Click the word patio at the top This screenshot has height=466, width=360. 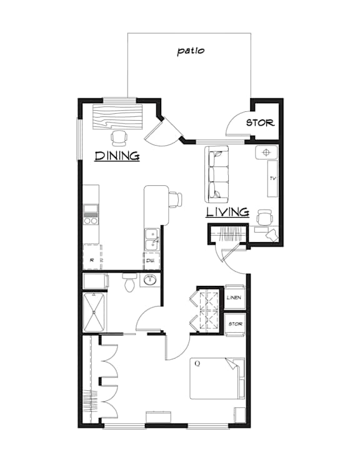click(x=191, y=51)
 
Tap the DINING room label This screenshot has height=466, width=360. click(x=116, y=156)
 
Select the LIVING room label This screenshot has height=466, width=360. click(x=227, y=212)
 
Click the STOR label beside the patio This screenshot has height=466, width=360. click(x=259, y=123)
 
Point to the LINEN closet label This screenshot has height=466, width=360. click(x=234, y=297)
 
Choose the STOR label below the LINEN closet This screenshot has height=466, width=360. click(x=235, y=324)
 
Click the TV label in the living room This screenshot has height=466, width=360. click(x=272, y=178)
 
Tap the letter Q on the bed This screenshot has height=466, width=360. click(x=197, y=363)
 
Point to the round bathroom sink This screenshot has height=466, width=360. click(x=150, y=280)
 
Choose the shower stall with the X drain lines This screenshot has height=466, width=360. click(x=95, y=313)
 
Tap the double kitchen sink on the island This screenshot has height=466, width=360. click(x=152, y=239)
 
